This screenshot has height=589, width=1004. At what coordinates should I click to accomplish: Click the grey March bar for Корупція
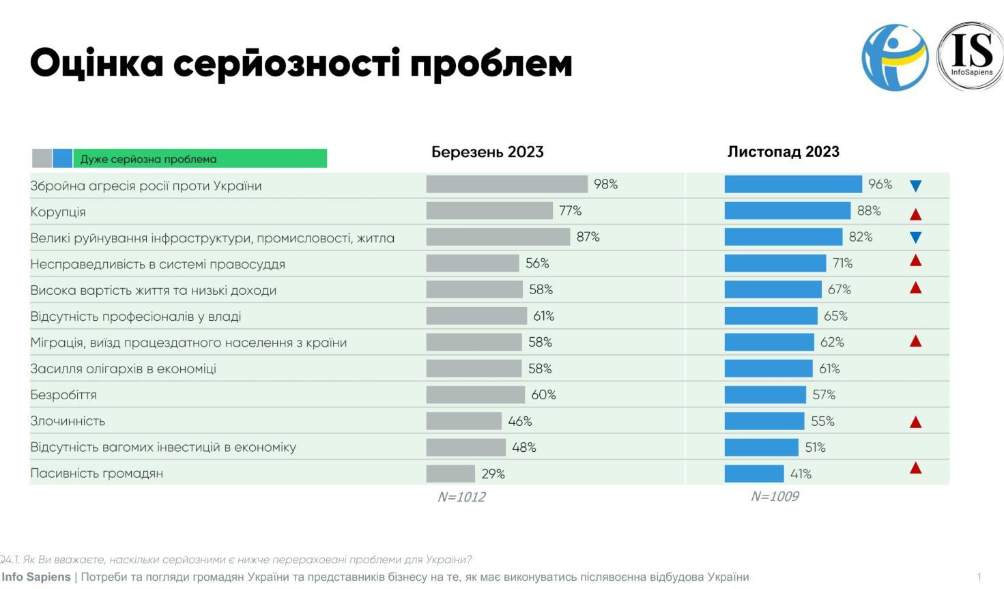pos(489,211)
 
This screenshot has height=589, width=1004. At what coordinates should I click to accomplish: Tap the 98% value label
pos(605,184)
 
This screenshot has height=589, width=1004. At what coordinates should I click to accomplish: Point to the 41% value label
pos(801,474)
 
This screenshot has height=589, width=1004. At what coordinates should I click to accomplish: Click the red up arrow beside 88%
pos(916,214)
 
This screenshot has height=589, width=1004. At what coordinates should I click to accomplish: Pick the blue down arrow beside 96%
pos(916,186)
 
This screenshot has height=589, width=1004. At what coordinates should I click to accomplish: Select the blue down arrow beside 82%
pos(916,238)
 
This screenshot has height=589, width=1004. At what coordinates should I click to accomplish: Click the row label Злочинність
pos(68,421)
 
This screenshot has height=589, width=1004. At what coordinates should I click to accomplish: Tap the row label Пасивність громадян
pos(96,474)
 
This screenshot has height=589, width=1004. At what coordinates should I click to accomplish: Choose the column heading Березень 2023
pos(487,152)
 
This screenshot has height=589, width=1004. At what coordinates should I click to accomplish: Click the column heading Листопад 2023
pos(783,152)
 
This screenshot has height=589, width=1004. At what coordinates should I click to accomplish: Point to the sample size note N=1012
pos(461,497)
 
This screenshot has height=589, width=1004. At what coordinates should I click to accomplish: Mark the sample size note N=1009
pos(774,496)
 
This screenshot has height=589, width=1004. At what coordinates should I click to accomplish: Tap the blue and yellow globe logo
pos(895,57)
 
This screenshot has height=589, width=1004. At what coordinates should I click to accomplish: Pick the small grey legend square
pos(42,158)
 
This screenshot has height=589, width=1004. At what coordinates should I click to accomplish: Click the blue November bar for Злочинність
pos(764,421)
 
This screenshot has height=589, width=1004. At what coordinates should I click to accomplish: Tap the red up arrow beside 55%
pos(916,422)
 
